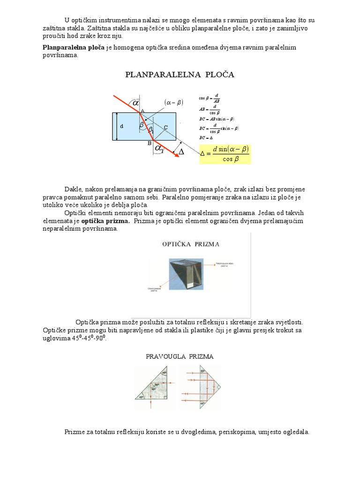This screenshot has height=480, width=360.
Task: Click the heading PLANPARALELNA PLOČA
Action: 180,75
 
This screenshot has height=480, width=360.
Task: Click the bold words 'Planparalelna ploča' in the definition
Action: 71,47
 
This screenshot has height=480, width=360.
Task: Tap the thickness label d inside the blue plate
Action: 122,127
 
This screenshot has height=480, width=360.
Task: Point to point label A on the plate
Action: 142,110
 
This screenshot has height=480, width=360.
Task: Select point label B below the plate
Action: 150,142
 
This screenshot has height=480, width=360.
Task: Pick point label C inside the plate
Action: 165,127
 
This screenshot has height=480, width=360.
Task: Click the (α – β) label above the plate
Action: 173,103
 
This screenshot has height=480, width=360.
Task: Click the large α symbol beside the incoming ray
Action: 135,102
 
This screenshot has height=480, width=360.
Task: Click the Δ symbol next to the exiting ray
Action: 181,152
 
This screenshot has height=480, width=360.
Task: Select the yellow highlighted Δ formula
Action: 225,154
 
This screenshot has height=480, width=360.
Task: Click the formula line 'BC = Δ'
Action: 206,138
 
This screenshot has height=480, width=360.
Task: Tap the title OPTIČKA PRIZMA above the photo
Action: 191,244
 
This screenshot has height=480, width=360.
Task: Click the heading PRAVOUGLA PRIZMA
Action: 180,356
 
